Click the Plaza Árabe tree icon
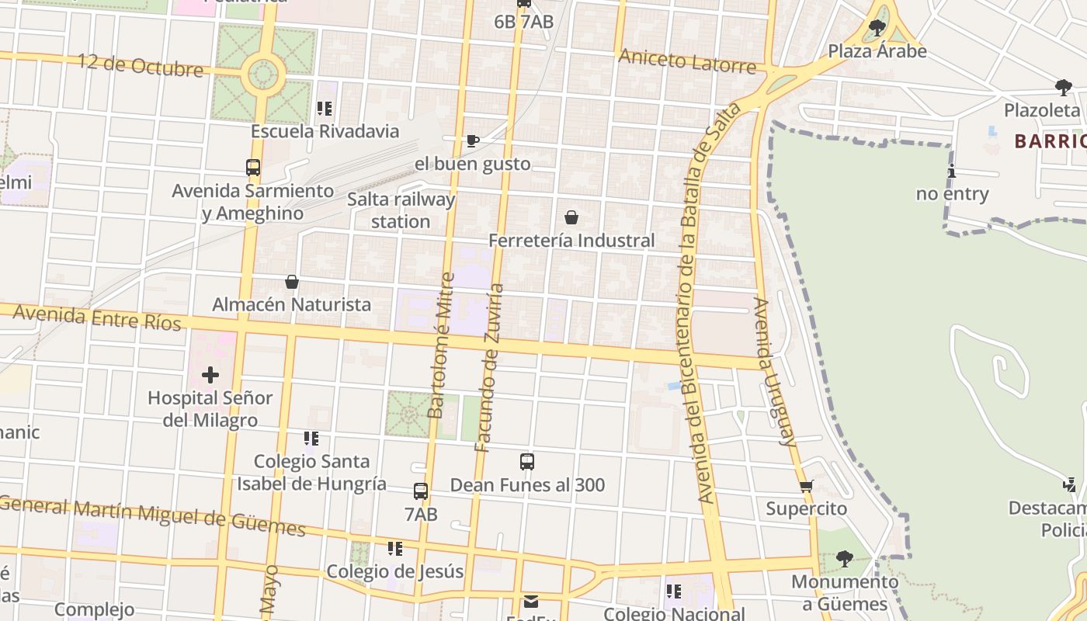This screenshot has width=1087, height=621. point(877,29)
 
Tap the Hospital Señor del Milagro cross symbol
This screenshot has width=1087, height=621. point(210,376)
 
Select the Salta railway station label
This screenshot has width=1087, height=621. point(401,210)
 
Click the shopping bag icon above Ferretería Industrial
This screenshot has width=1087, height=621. point(571,217)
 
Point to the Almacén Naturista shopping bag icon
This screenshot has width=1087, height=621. point(292,282)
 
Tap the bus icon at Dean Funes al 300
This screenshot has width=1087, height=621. point(527,462)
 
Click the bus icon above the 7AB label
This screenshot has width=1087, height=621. point(421,491)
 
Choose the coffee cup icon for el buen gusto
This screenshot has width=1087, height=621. point(472,141)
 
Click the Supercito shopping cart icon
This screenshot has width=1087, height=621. point(807,486)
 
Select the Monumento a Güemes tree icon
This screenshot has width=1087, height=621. point(845,558)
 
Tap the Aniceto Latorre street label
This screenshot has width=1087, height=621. point(687,61)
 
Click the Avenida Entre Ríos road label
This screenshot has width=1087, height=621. point(97,317)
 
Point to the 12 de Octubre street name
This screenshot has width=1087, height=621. point(141,65)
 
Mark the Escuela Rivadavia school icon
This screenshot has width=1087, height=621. point(325,109)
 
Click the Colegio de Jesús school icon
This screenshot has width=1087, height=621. point(395,549)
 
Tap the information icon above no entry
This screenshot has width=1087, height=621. point(952,172)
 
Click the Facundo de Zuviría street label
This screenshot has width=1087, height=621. point(490,368)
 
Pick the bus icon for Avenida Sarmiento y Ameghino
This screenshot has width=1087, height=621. point(253,167)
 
